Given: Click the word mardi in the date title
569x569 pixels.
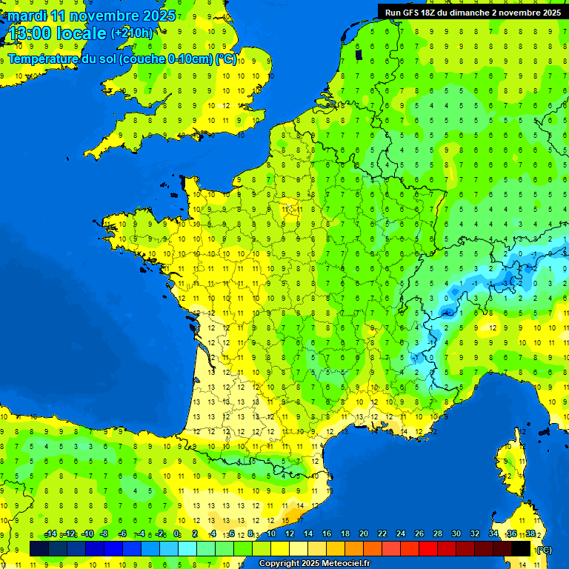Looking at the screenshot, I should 27,16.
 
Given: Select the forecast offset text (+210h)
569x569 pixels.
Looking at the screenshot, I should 132,33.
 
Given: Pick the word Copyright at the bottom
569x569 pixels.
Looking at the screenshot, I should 279,563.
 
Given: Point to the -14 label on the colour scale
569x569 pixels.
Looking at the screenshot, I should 50,533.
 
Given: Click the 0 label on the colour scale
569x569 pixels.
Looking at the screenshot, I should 176,533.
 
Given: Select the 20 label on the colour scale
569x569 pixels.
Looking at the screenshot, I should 363,533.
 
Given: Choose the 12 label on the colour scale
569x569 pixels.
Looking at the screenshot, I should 289,533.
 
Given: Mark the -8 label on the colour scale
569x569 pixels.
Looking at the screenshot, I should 104,533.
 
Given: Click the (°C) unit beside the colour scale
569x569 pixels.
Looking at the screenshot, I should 544,550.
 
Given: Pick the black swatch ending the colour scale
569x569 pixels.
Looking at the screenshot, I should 521,548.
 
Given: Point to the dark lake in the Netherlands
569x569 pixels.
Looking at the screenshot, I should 359,54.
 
